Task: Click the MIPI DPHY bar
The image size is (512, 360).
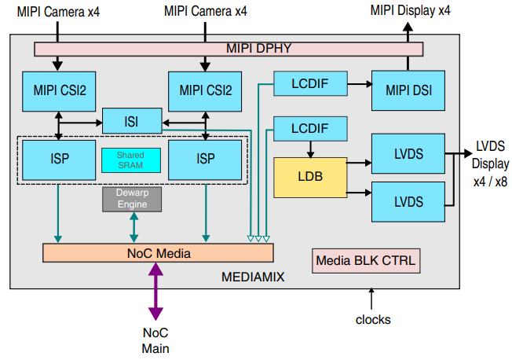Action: point(229,49)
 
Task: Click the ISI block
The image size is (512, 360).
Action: point(132,121)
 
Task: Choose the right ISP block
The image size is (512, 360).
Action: point(206,159)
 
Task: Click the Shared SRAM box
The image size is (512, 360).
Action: point(132,160)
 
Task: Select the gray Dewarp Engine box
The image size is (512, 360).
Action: point(132,200)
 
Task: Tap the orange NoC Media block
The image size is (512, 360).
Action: point(158,253)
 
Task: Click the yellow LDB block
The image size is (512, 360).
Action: point(310,177)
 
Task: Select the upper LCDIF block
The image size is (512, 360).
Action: point(309,82)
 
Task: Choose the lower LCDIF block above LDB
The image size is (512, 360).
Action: point(309,127)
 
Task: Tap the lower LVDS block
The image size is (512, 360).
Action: point(408,201)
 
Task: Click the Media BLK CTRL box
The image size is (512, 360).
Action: point(366,260)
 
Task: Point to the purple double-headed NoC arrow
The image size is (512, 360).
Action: point(155,291)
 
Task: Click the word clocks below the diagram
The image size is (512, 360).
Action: point(372,319)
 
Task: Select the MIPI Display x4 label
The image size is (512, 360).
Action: point(411,11)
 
